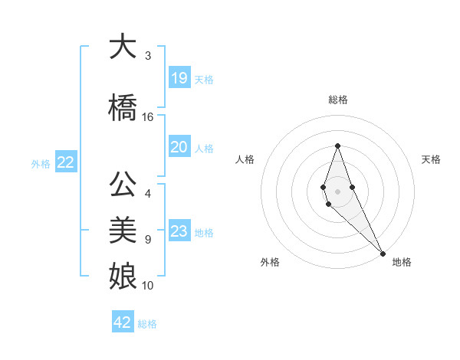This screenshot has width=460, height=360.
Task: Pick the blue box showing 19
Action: coord(179,77)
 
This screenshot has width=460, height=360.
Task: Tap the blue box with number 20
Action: coord(179,147)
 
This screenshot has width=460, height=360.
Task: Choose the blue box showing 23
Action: coord(179,231)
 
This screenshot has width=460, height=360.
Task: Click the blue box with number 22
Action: coord(65,162)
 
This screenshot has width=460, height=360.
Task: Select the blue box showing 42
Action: coord(123,322)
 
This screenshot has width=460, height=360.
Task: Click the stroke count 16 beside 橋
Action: coord(148,117)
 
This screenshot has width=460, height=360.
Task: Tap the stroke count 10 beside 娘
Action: coord(148,286)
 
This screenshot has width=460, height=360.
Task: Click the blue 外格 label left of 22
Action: coord(41,163)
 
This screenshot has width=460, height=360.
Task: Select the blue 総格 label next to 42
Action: coord(147,324)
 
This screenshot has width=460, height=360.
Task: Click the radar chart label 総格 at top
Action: coord(337,100)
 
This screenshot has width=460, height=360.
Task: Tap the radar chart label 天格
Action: coord(431,159)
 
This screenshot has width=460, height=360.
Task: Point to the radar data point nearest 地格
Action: coord(382,253)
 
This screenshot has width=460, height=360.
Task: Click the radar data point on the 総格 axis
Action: coord(337,146)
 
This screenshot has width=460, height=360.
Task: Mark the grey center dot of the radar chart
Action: coord(337,191)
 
